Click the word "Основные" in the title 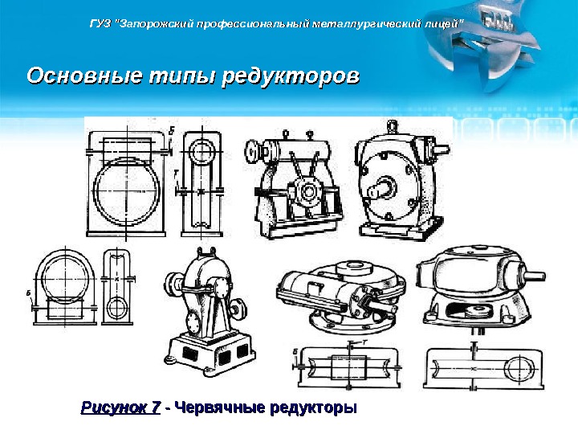click(x=84, y=76)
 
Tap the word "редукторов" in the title click(x=291, y=77)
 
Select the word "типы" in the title click(x=182, y=77)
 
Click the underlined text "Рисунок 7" click(x=120, y=407)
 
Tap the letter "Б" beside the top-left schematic click(x=172, y=131)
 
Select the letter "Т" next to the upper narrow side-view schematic click(x=176, y=173)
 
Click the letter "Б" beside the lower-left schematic click(x=28, y=293)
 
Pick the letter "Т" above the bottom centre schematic click(x=364, y=343)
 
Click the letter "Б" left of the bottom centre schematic click(x=295, y=352)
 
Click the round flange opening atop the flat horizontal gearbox click(x=355, y=265)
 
